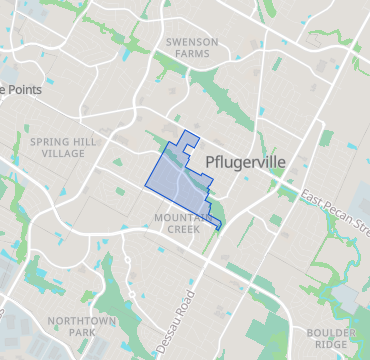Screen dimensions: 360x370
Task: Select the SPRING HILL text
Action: pyautogui.click(x=64, y=142)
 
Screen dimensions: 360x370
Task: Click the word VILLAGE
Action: pyautogui.click(x=64, y=155)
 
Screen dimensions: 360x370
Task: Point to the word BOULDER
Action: pyautogui.click(x=330, y=332)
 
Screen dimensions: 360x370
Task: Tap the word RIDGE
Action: pyautogui.click(x=330, y=345)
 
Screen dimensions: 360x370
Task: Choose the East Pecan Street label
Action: pyautogui.click(x=335, y=209)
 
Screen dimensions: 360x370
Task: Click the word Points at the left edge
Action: pyautogui.click(x=22, y=89)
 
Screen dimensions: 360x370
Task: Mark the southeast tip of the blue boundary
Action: pyautogui.click(x=218, y=230)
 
